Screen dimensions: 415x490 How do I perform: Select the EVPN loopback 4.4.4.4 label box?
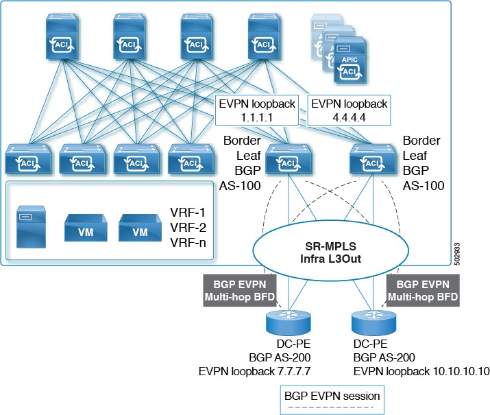349,110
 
